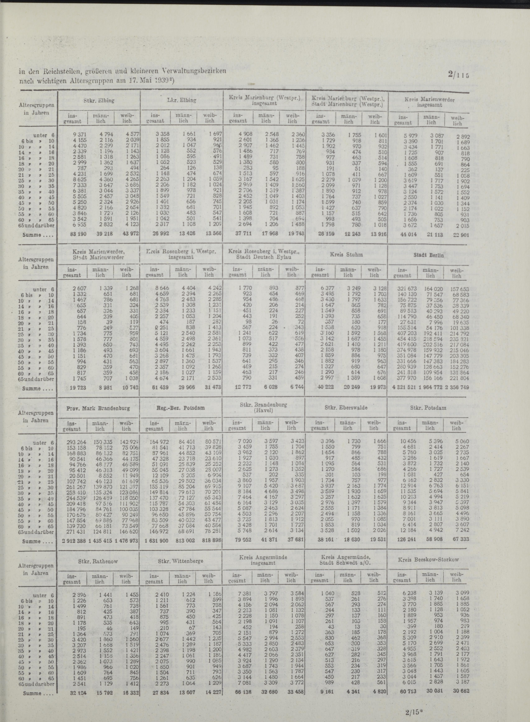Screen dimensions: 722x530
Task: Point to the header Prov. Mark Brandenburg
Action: click(98, 409)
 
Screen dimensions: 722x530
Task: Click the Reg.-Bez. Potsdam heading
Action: click(181, 408)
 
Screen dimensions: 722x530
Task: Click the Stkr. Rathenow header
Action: click(98, 561)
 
